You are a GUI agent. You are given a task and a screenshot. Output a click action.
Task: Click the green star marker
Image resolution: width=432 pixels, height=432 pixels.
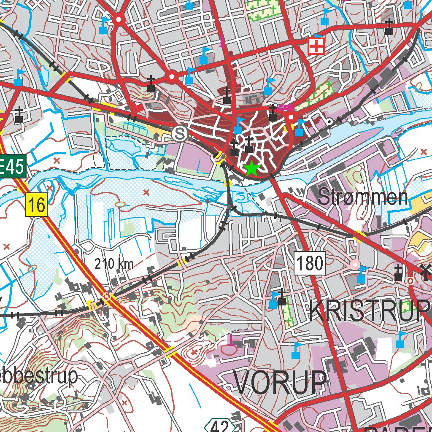click(x=251, y=168)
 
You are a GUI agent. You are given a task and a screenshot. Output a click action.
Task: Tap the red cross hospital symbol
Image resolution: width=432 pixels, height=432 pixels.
click(x=316, y=46)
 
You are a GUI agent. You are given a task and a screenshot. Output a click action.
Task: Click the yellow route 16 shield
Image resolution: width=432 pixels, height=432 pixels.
click(x=36, y=205)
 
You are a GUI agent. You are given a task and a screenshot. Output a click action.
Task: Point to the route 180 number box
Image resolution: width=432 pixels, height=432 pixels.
click(x=310, y=263)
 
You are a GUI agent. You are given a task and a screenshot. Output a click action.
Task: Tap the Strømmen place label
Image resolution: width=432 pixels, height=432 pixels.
click(x=363, y=197)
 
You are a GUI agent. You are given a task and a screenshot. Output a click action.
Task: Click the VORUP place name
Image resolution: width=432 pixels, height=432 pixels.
click(x=281, y=383)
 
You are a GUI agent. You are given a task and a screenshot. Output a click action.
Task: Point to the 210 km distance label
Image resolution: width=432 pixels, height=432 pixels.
click(x=114, y=265)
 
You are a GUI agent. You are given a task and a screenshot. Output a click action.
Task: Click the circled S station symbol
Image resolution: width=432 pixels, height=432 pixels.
click(x=180, y=134)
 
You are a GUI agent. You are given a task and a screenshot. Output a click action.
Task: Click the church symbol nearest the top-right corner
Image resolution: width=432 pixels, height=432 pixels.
click(x=389, y=28)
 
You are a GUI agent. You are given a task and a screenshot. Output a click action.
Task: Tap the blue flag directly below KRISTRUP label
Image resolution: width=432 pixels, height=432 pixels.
click(x=400, y=340)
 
